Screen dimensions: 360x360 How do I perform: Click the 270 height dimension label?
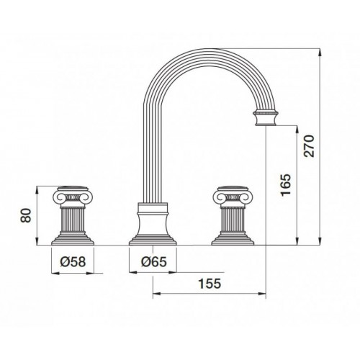pyautogui.click(x=309, y=146)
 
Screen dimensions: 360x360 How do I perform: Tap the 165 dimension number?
pyautogui.click(x=286, y=185)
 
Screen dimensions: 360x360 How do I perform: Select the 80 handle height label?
pyautogui.click(x=26, y=215)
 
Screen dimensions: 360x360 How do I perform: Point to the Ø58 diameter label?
pyautogui.click(x=73, y=261)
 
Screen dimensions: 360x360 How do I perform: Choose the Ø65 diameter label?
pyautogui.click(x=153, y=261)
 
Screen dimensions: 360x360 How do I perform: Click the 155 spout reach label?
pyautogui.click(x=210, y=284)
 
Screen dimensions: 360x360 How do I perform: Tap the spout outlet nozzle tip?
pyautogui.click(x=266, y=118)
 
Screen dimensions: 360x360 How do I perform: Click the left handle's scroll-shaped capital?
pyautogui.click(x=73, y=196)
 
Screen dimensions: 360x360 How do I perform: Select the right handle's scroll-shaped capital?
pyautogui.click(x=233, y=196)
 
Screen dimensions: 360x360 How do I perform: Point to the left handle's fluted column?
pyautogui.click(x=73, y=220)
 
